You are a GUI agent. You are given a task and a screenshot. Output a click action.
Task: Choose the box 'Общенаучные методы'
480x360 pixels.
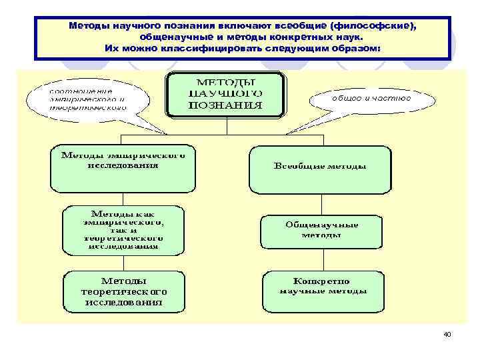tap(321, 229)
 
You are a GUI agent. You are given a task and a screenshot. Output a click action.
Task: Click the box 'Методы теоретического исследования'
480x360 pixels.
tap(123, 291)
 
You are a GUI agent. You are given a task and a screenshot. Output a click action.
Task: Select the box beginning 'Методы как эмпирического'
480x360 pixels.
tap(123, 230)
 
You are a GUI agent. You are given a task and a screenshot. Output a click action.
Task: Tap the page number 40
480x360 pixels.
tap(447, 334)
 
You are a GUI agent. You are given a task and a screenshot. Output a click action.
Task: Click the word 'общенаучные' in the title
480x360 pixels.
tap(181, 37)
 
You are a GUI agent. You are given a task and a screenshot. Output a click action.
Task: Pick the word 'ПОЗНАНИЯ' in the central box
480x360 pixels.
tap(225, 105)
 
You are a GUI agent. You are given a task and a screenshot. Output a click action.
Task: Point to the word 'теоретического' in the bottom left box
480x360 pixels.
tap(123, 292)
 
